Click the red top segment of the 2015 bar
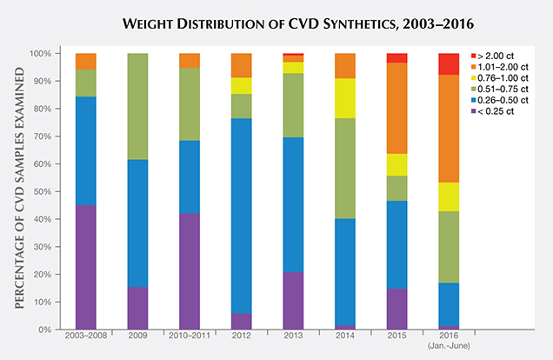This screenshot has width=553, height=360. (x=396, y=58)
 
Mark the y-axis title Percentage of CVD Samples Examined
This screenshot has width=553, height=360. (x=18, y=191)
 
